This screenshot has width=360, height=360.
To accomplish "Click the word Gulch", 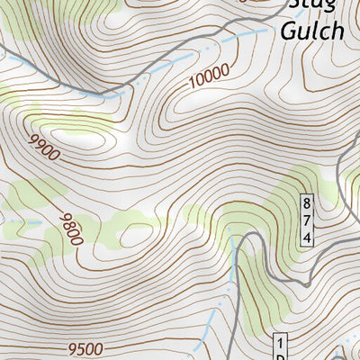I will tap(312, 31).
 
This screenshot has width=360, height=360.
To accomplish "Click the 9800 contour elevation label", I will tap(71, 229).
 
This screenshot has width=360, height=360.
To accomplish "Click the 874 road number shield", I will tap(307, 220).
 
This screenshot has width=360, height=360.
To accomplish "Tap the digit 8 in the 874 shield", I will tap(307, 203).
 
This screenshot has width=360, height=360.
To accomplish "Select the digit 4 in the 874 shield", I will tap(307, 238).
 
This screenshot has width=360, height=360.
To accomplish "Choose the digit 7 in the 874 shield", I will tap(307, 220).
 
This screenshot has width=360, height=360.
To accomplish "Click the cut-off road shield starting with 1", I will tap(280, 348).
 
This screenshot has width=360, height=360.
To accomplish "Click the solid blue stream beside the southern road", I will tap(236, 270).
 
